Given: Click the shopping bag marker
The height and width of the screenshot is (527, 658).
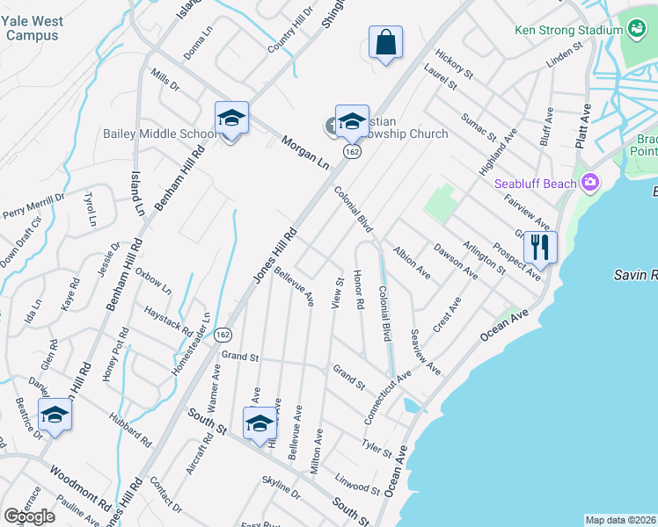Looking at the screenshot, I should click(386, 42).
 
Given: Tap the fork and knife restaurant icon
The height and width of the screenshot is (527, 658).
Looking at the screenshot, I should click(540, 247).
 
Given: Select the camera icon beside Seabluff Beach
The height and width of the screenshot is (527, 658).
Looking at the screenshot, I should click(589, 183).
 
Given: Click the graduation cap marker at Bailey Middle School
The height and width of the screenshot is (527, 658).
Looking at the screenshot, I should click(231, 119).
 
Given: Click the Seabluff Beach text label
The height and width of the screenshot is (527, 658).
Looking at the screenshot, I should click(535, 184).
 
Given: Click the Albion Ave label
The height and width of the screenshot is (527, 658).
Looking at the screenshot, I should click(411, 263).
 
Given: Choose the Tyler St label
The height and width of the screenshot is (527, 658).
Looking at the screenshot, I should click(377, 446).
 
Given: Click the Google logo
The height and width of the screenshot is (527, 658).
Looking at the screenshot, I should click(29, 516).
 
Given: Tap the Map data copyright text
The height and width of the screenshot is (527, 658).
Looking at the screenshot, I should click(620, 520).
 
